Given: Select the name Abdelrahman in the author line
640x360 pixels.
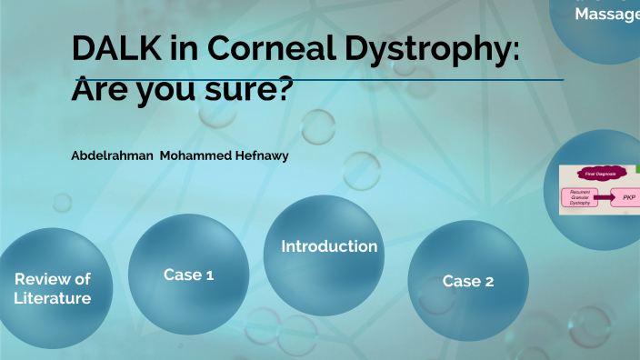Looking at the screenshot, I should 112,155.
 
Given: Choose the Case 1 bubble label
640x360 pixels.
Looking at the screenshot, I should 188,274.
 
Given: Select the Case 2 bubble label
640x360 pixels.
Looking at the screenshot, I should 468,281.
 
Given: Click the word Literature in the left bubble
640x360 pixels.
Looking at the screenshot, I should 53,297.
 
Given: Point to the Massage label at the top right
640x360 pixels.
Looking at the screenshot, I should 607,15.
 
